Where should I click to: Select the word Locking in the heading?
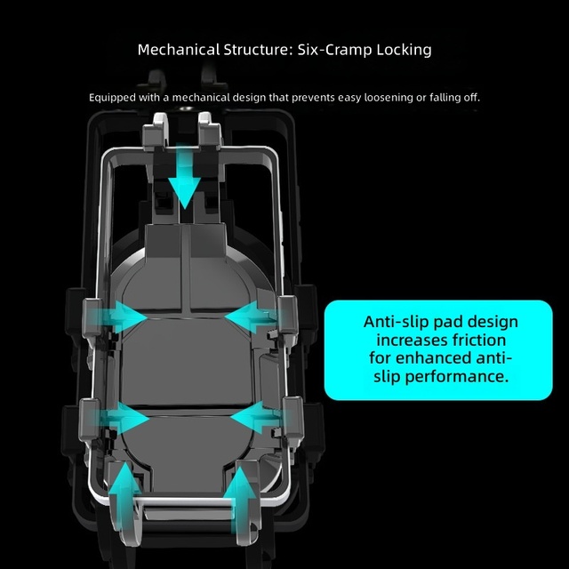coord(404,50)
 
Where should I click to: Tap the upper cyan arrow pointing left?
coord(251,317)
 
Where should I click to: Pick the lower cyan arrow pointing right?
coord(124,418)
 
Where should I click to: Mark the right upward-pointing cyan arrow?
coord(239,499)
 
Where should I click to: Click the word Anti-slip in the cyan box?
coord(394,322)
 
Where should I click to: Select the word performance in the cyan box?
coord(456,377)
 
